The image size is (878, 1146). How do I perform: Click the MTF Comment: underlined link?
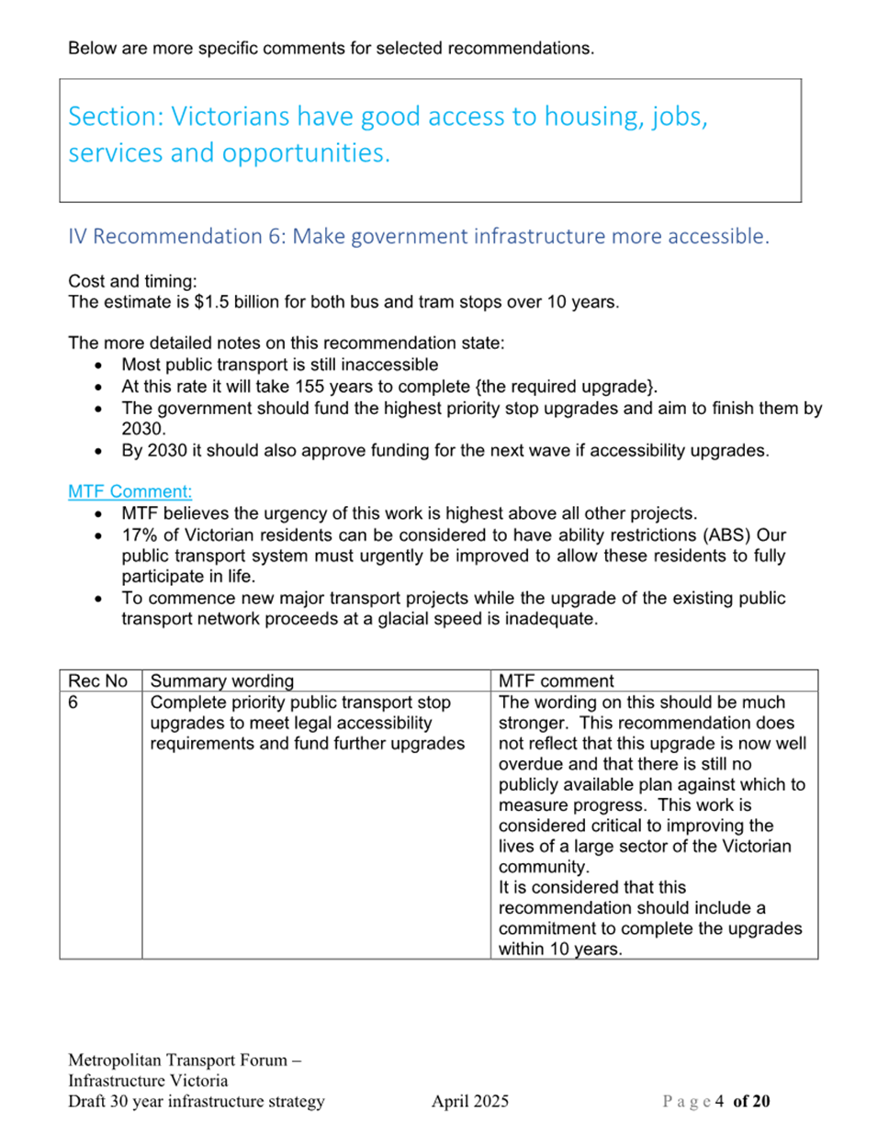coord(129,491)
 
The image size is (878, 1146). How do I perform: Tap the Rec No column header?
coord(97,680)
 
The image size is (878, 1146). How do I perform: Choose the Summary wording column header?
coord(221,680)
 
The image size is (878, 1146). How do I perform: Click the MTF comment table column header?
coord(556,680)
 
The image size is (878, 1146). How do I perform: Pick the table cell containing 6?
coord(73,702)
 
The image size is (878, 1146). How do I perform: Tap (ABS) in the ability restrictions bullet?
coord(726,535)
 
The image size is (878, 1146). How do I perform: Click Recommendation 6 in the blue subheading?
coord(189,236)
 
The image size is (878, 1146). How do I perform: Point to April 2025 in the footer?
coord(469,1101)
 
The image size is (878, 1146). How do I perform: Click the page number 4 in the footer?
coord(719,1101)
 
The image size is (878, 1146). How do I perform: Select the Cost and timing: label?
coord(132,281)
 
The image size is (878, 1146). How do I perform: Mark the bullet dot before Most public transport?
coord(98,365)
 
